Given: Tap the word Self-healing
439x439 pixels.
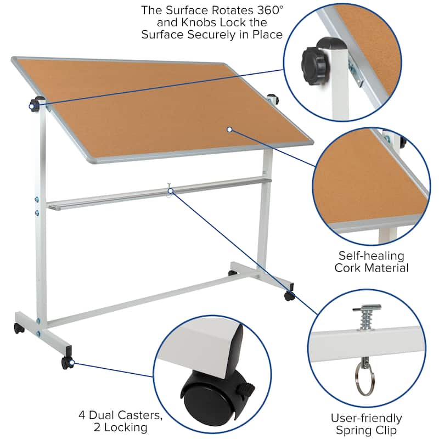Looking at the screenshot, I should pyautogui.click(x=371, y=256).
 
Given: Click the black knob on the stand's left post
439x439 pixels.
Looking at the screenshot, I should pyautogui.click(x=36, y=103).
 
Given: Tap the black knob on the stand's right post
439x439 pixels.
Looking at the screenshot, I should pyautogui.click(x=273, y=99).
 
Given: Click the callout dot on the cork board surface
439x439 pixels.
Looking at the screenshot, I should pyautogui.click(x=229, y=130).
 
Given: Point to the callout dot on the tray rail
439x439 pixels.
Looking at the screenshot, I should pyautogui.click(x=171, y=190).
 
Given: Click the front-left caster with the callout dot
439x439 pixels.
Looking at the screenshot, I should pyautogui.click(x=67, y=362).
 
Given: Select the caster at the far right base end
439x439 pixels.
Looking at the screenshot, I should pyautogui.click(x=289, y=296).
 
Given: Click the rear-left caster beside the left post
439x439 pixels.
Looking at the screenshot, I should pyautogui.click(x=19, y=328).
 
